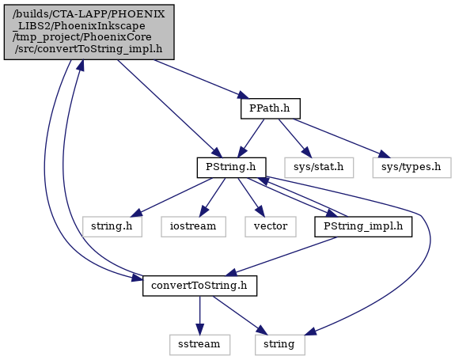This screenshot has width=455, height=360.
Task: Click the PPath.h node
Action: pos(270,108)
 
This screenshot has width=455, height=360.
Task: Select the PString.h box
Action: pos(231,168)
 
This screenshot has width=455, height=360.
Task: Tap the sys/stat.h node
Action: pos(319,168)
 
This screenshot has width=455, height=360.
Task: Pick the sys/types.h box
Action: pos(411,168)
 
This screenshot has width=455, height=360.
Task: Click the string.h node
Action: pos(112,226)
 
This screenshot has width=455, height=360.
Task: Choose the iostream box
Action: pos(193,226)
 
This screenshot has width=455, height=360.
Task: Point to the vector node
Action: pos(271,226)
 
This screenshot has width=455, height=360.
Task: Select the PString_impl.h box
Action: pos(363,226)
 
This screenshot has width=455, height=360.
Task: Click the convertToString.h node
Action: pos(199,286)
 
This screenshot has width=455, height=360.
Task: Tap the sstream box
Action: pos(199,345)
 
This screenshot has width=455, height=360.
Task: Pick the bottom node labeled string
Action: pos(280,345)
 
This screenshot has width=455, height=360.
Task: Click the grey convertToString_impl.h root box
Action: pos(89,32)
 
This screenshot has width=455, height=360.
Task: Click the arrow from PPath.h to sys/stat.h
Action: pos(294,138)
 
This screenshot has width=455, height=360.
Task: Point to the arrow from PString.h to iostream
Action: pos(212,197)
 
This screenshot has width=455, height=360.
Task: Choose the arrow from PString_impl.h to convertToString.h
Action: pos(281,256)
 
